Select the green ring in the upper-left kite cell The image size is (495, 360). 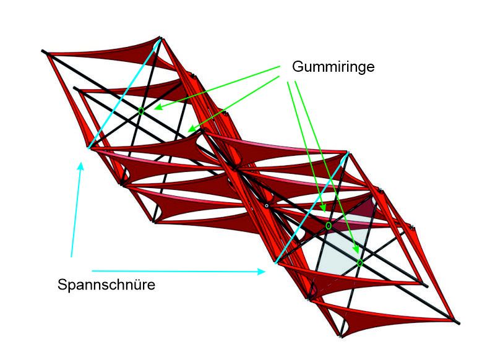(x=141, y=111)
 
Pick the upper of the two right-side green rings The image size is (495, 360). (x=329, y=226)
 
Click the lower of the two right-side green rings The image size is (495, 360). (x=360, y=263)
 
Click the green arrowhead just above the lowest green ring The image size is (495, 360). (x=357, y=249)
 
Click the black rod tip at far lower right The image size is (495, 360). (x=458, y=322)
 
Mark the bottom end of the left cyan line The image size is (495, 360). (x=89, y=148)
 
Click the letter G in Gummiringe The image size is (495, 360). (x=296, y=66)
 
